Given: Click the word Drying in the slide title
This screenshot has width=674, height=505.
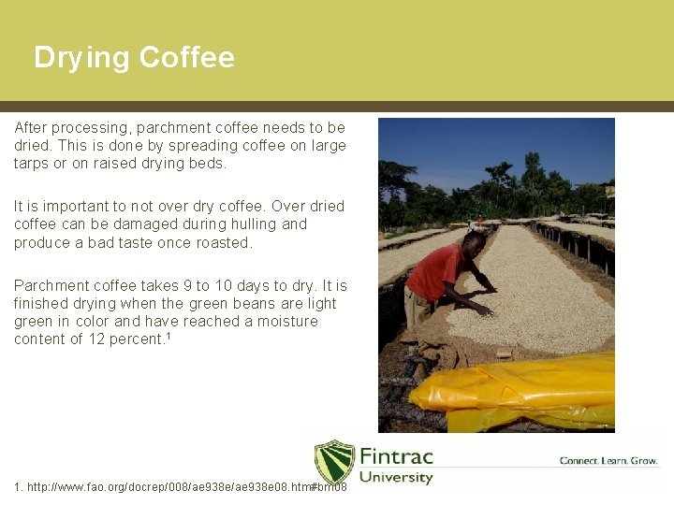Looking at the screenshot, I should click(x=81, y=58).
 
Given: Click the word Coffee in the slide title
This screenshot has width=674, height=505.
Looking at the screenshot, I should click(x=186, y=58).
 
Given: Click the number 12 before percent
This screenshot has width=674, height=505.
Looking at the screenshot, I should click(x=92, y=339).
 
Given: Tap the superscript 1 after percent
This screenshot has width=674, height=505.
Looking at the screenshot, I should click(x=167, y=336).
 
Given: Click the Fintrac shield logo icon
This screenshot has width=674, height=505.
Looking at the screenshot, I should click(x=334, y=463).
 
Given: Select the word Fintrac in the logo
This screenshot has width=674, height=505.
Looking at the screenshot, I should click(x=396, y=456).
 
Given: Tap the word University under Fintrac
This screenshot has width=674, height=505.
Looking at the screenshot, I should click(x=396, y=477).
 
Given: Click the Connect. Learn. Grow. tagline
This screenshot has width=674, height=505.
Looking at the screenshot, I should click(x=608, y=460).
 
